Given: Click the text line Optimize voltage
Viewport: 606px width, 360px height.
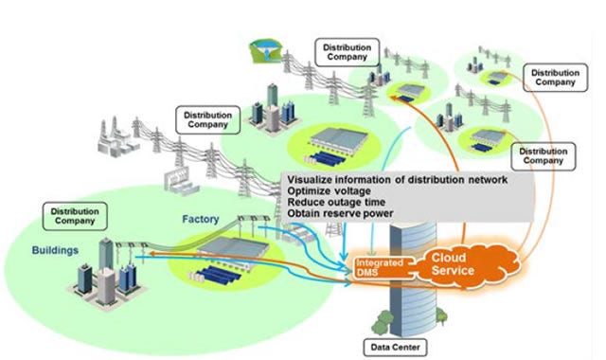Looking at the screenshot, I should (326, 190).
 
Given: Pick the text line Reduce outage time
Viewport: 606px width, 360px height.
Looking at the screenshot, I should (333, 202).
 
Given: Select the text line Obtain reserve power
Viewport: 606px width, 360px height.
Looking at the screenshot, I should (339, 213).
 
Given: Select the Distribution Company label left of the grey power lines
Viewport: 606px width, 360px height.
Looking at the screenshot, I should (204, 119).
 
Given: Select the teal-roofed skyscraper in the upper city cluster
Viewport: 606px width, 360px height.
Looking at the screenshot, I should (272, 100).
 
